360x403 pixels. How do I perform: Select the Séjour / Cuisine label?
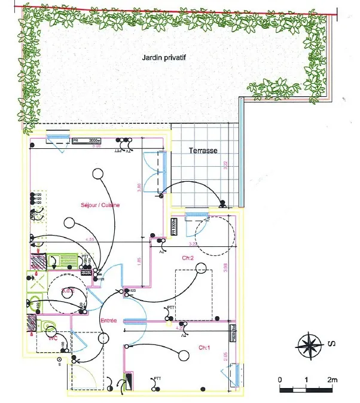[100, 205]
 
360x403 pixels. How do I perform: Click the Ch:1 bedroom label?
[205, 347]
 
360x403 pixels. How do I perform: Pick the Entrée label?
[108, 320]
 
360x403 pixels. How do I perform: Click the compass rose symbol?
[310, 345]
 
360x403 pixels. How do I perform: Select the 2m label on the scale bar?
[332, 380]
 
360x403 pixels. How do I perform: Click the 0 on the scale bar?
[279, 380]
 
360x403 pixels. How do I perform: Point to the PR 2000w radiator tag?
[87, 142]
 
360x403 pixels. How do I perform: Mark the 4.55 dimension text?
[91, 239]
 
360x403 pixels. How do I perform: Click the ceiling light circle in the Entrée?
[114, 297]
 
